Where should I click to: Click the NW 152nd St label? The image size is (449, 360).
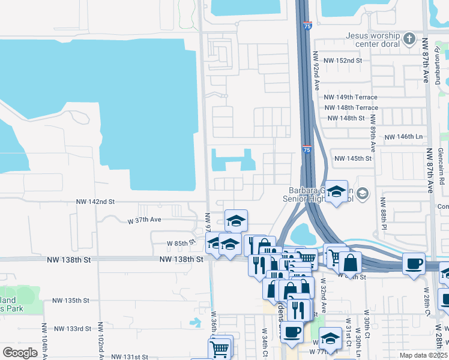(x=343, y=61)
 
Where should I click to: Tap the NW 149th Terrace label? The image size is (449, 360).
(x=351, y=97)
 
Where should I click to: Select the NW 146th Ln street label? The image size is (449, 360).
(x=403, y=137)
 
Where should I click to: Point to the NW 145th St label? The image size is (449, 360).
(x=353, y=158)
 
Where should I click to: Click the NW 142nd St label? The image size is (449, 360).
(x=95, y=203)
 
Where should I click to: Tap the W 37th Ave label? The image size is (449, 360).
(x=145, y=220)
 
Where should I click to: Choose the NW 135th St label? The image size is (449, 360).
(x=70, y=300)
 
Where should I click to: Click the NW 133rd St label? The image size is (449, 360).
(x=73, y=329)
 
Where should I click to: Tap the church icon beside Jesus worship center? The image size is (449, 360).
(x=409, y=40)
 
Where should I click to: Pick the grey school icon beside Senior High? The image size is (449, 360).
(x=363, y=193)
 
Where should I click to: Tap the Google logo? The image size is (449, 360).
(x=20, y=353)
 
